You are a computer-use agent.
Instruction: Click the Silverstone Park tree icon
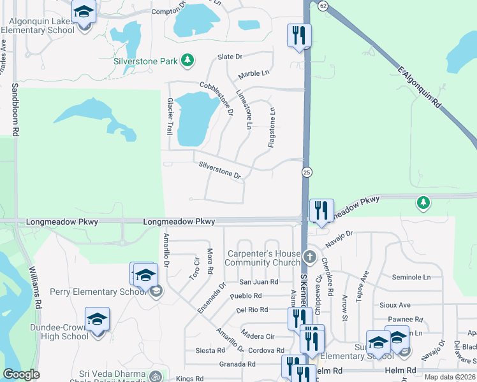coord(187,60)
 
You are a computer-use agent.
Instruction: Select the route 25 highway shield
coord(307,173)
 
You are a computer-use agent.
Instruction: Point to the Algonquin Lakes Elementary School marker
coord(83,13)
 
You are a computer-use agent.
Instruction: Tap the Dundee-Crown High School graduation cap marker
coord(97,318)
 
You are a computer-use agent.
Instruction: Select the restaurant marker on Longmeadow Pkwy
coord(320,210)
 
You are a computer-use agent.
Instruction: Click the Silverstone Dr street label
coord(219,170)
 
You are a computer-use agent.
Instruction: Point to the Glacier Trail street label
coord(170,116)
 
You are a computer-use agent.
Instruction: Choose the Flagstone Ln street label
coord(271,127)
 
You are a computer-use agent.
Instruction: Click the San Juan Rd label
coord(259,281)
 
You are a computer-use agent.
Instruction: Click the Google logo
coord(22,374)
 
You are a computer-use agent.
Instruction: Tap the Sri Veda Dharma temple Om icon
coord(155,377)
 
